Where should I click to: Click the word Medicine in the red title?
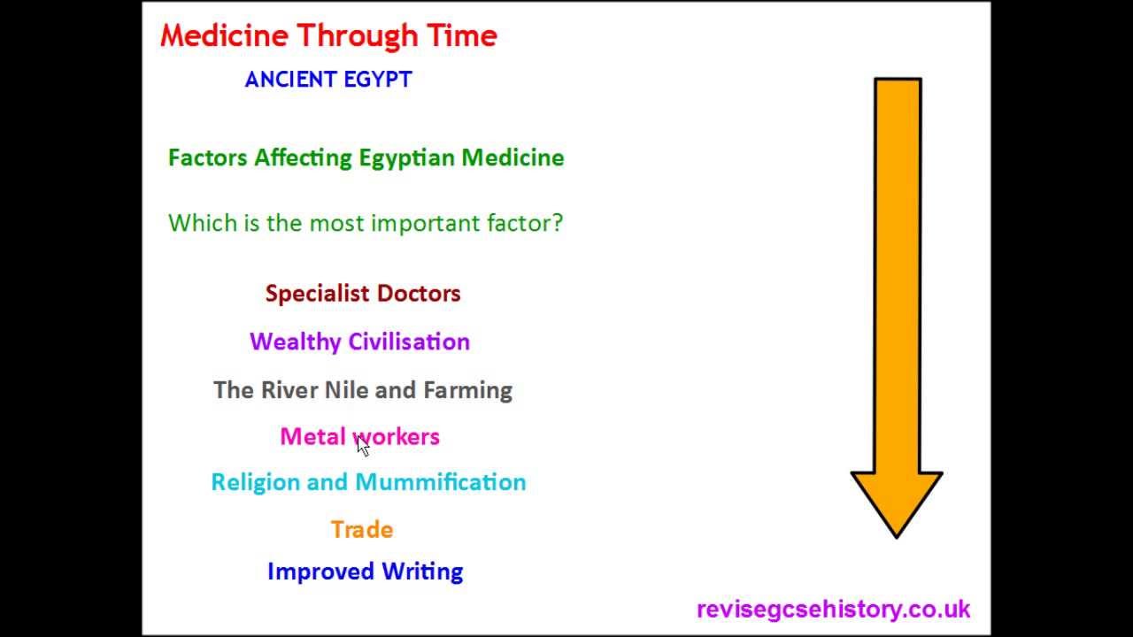[224, 36]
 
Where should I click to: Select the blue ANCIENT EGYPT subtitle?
[328, 80]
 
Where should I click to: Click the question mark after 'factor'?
[557, 223]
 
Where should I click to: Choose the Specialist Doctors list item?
[363, 294]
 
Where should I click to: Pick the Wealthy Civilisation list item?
[359, 342]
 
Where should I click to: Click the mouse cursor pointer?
[363, 446]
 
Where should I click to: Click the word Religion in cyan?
[256, 482]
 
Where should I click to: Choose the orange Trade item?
[362, 530]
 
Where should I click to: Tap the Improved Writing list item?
[365, 572]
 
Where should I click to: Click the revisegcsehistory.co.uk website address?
[833, 610]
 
